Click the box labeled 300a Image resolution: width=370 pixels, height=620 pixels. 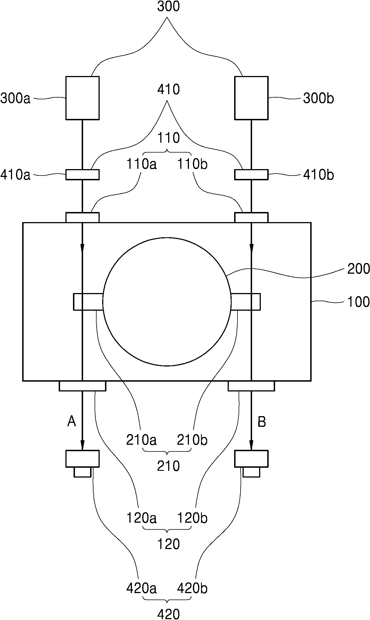83,98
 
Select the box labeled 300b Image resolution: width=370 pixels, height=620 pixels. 251,98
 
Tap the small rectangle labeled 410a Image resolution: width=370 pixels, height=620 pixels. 83,174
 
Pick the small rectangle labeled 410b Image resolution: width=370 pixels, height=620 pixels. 251,174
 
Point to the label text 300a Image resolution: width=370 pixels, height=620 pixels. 15,99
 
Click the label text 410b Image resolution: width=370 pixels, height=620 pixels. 318,175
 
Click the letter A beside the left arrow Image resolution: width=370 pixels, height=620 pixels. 72,421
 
